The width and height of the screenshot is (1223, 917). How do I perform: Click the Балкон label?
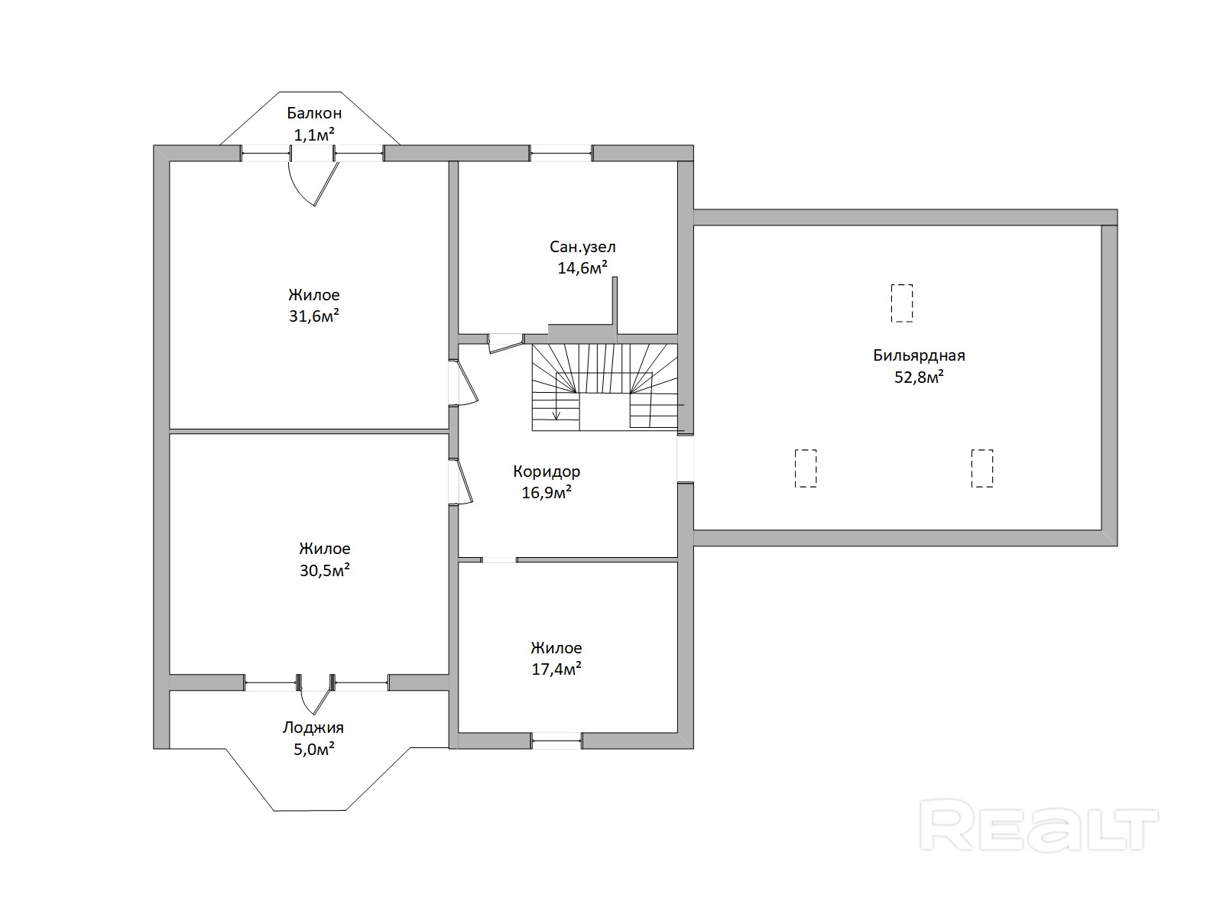(x=314, y=113)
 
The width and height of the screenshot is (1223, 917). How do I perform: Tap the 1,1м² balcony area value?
(x=314, y=134)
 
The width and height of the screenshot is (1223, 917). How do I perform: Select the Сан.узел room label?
(x=582, y=247)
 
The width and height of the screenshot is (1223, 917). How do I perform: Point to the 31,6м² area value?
(x=314, y=316)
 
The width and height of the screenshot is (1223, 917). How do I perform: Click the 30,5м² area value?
(x=325, y=570)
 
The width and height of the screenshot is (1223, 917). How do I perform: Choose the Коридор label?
(x=547, y=471)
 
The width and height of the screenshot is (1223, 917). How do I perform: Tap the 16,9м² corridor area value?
(x=547, y=493)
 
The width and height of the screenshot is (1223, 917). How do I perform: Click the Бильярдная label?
(x=919, y=355)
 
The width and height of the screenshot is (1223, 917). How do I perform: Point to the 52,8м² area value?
(x=919, y=377)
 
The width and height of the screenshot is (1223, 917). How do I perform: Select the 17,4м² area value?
(x=556, y=669)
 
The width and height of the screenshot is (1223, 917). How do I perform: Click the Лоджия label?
(x=313, y=727)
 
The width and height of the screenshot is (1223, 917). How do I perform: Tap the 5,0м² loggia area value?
(x=314, y=749)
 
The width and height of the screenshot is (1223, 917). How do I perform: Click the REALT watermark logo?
(x=1040, y=825)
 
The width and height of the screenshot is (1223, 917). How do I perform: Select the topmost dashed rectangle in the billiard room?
(x=902, y=303)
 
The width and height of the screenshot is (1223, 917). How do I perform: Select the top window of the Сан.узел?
(x=561, y=154)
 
